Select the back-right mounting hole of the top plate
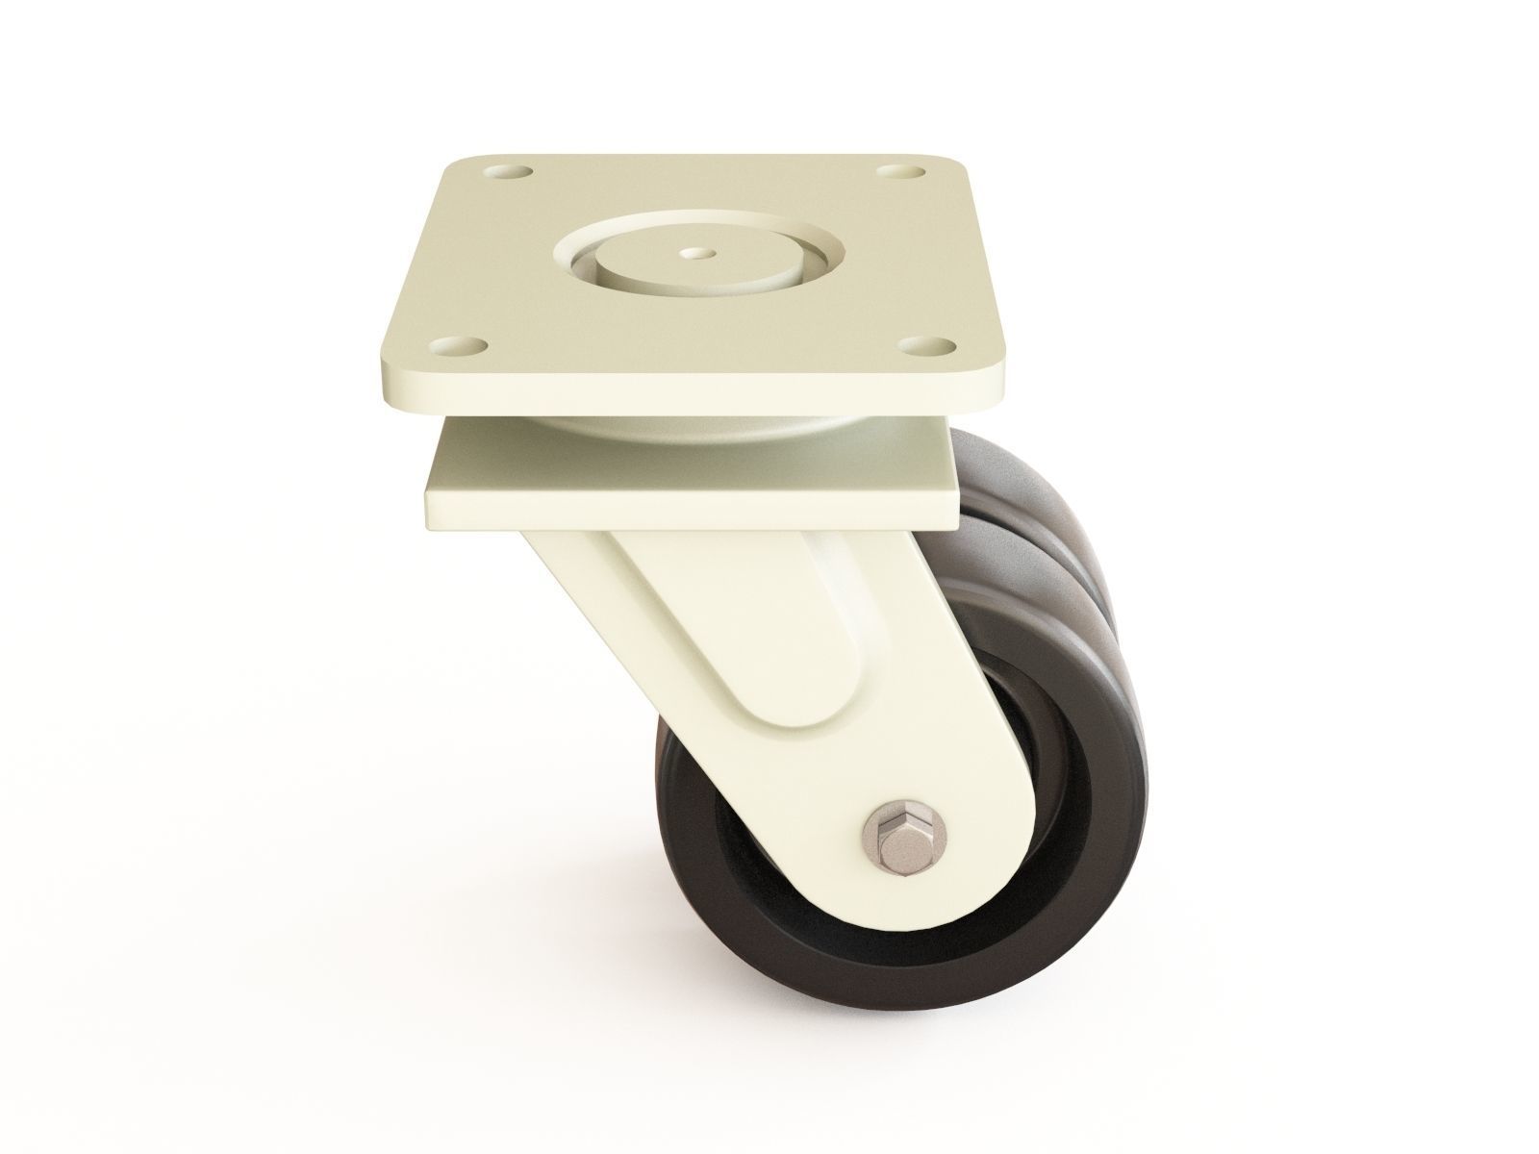tap(898, 172)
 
